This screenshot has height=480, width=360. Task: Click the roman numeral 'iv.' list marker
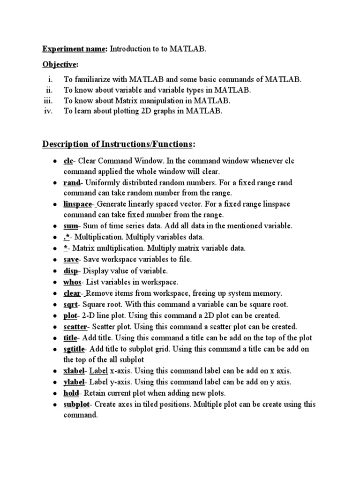pos(48,111)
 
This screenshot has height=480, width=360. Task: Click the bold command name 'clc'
pos(69,161)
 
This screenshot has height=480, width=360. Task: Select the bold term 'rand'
pos(72,182)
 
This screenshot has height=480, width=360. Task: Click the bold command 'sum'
pos(70,226)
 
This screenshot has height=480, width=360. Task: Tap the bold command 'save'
pos(71,259)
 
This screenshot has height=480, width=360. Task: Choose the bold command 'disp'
pos(71,271)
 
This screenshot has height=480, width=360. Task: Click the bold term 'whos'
pos(72,282)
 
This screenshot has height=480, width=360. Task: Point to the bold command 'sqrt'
pos(71,304)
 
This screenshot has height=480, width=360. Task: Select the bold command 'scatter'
pos(76,327)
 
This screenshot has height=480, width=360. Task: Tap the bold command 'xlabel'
pos(74,371)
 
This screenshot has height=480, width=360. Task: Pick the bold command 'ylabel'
pos(74,382)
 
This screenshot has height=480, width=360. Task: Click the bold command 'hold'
pos(72,393)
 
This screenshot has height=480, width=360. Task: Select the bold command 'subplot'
pos(76,404)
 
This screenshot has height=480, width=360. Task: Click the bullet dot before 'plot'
pos(55,316)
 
